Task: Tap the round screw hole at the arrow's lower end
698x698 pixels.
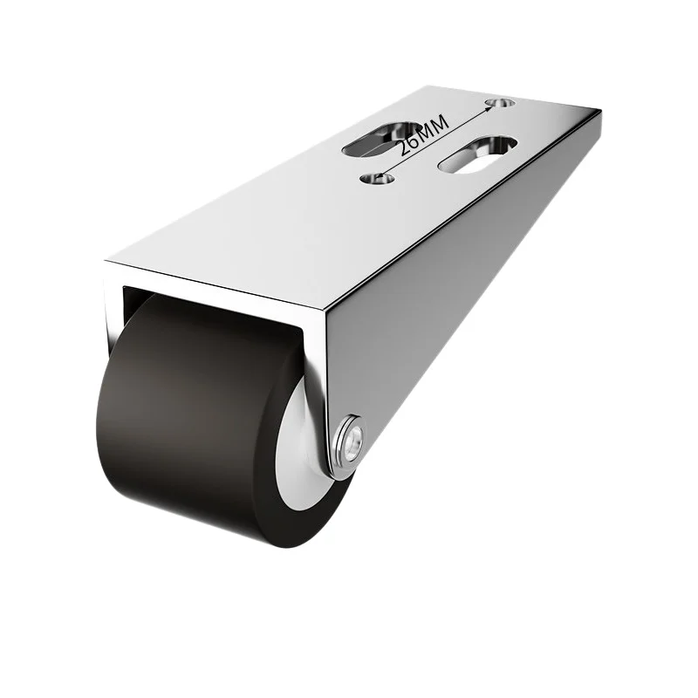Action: [377, 178]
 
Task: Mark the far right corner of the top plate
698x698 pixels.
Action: [601, 112]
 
